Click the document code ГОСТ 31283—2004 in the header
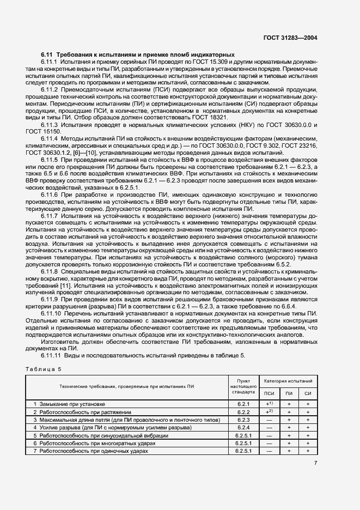(290, 38)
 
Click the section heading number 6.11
(46, 55)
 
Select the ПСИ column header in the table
(269, 393)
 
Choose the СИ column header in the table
(308, 393)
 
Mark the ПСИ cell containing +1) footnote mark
(269, 404)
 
